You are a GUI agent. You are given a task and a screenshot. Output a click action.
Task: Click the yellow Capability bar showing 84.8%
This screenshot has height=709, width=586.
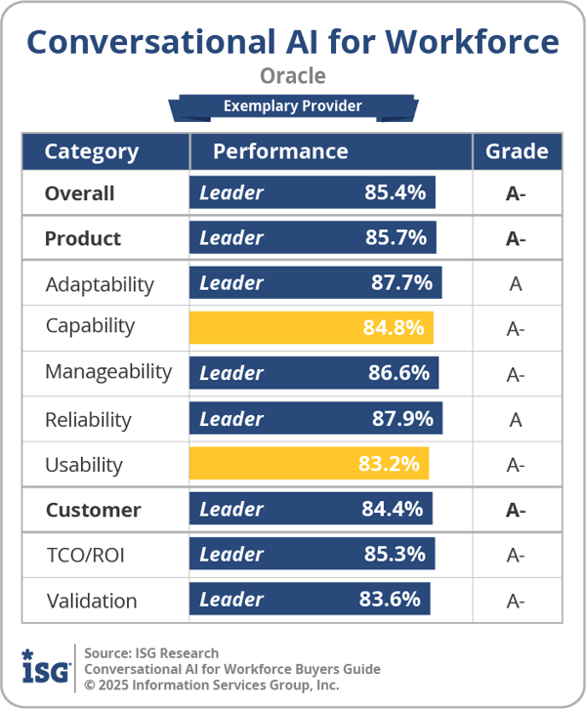pos(312,327)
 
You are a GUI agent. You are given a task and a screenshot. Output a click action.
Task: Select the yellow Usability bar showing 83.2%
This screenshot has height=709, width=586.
pos(310,464)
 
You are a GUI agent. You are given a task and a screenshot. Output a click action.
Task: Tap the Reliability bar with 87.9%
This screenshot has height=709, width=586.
pos(315,419)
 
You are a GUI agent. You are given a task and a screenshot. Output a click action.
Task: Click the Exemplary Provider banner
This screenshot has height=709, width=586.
pos(292,106)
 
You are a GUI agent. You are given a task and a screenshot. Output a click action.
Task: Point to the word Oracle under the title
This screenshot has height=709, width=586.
pos(293,75)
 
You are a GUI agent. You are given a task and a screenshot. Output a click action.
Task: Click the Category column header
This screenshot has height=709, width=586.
pos(92,151)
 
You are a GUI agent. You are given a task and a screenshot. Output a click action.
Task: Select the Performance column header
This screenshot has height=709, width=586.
pos(280,151)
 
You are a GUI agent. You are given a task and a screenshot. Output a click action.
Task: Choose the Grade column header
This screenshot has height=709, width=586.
pos(517,151)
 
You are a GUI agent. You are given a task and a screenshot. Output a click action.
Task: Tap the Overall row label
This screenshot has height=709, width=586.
pos(79,193)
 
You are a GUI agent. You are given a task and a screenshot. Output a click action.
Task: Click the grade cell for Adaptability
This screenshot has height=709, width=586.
pos(516,283)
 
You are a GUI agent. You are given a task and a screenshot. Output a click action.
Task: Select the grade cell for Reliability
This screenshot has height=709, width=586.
pos(516,419)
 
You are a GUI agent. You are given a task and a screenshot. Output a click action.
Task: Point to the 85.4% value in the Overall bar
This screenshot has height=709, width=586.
pos(395,193)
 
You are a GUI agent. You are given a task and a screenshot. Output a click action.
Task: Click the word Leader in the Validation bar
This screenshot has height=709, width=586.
pos(231,600)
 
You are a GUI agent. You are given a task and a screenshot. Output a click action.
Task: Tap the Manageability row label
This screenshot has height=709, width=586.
pos(107,372)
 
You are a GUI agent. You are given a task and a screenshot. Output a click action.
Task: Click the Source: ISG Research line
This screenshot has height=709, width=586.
pos(151,652)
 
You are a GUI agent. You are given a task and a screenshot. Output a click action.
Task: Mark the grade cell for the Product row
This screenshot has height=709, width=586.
pos(516,238)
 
